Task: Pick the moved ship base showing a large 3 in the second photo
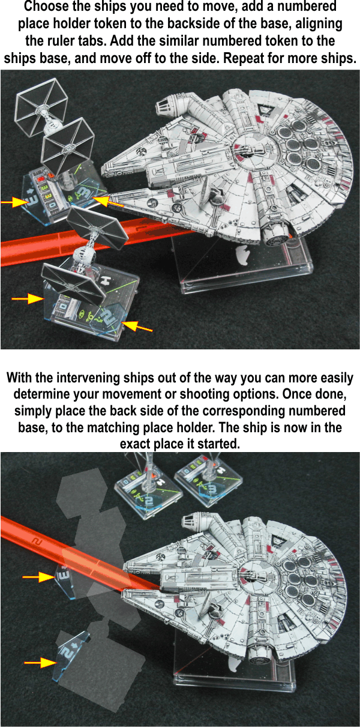[x=203, y=478]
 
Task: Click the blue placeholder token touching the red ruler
[x=66, y=578]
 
